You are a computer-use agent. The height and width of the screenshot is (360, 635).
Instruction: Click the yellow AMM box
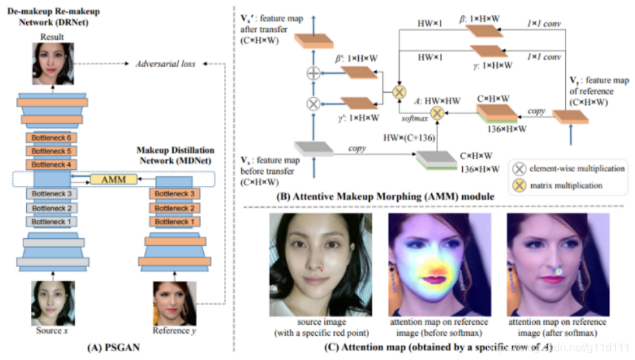pyautogui.click(x=110, y=179)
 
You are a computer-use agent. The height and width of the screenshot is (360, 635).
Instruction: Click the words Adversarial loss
pyautogui.click(x=164, y=64)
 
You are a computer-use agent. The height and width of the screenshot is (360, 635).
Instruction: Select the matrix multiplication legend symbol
pyautogui.click(x=521, y=186)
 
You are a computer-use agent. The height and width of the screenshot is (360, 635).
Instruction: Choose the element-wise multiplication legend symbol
pyautogui.click(x=521, y=168)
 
